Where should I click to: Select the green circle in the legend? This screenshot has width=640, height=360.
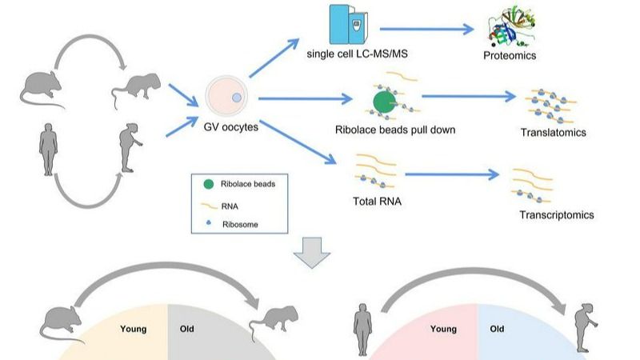pos(208,183)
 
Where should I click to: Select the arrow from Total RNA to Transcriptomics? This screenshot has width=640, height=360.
pos(453,173)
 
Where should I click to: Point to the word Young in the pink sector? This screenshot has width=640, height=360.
pos(444,328)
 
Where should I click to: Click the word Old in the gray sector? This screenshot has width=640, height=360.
pos(187,328)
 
